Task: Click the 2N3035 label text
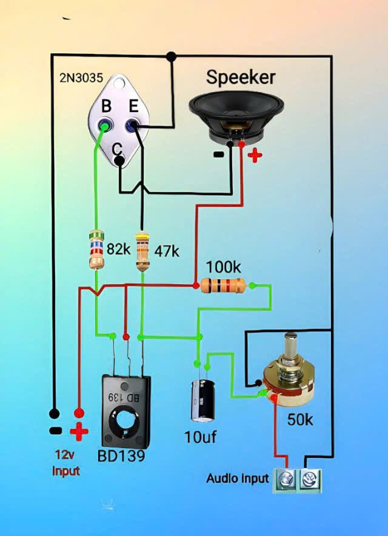80,78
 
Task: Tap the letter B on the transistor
106,107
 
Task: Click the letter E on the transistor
134,107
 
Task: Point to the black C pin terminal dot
119,161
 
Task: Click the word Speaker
241,77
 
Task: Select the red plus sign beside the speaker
255,155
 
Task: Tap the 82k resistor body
96,249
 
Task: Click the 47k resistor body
142,251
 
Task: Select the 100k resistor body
223,285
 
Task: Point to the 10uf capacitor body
202,400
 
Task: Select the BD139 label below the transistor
121,455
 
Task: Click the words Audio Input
237,478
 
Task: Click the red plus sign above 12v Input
79,432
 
